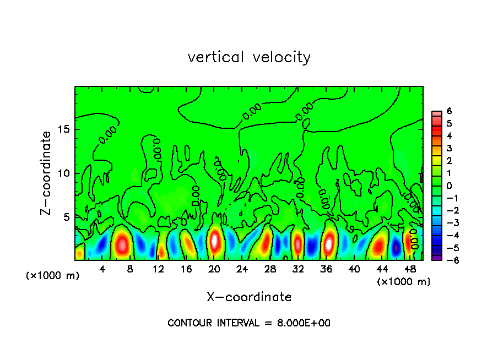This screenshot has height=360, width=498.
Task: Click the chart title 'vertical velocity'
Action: tap(249, 57)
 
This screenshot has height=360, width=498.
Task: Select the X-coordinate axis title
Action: tap(249, 297)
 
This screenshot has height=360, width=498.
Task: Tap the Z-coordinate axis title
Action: tap(46, 173)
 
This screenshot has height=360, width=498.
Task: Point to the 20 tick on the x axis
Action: tap(215, 269)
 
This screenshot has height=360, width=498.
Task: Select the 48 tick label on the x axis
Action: tap(410, 269)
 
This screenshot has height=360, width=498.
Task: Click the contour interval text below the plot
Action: tap(249, 323)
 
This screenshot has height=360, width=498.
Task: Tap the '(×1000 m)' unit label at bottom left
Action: tap(53, 276)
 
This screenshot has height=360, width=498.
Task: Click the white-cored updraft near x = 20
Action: tap(215, 241)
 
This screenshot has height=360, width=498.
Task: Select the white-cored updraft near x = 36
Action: tap(329, 243)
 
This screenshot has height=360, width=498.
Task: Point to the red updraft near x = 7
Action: tap(122, 243)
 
